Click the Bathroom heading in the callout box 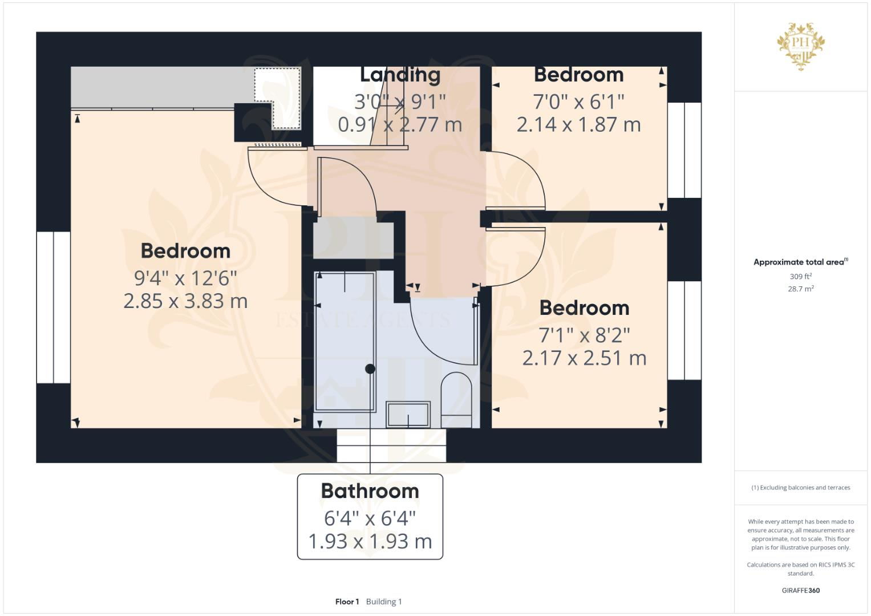click(x=370, y=491)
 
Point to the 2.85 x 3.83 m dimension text click(x=185, y=301)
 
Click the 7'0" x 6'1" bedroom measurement click(x=578, y=102)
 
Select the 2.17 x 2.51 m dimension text click(x=584, y=358)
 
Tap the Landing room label click(x=400, y=75)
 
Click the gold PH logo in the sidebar click(x=800, y=46)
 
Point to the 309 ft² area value click(x=800, y=277)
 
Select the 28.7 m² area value click(x=800, y=289)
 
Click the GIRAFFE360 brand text click(x=800, y=590)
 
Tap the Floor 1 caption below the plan click(x=347, y=602)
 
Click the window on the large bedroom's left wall click(x=54, y=307)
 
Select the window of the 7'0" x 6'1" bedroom click(x=684, y=150)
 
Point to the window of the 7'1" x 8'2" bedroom click(x=684, y=331)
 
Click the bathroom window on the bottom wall click(x=391, y=445)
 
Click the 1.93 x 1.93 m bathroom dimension click(x=370, y=541)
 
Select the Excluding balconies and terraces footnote click(x=800, y=488)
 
